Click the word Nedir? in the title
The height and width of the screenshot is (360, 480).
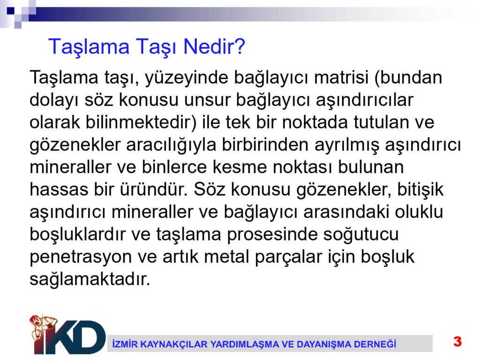coord(214,46)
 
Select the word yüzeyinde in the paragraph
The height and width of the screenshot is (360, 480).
coord(187,78)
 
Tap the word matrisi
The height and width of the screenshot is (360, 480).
coord(341,77)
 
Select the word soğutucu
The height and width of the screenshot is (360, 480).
coord(361,235)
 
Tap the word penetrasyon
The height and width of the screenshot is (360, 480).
coord(81,257)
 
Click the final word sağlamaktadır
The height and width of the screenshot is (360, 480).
coord(90,280)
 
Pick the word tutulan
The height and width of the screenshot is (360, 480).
coord(381,122)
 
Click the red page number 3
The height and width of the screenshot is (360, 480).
coord(457,341)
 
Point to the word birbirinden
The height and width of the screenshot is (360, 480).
coord(265,144)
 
